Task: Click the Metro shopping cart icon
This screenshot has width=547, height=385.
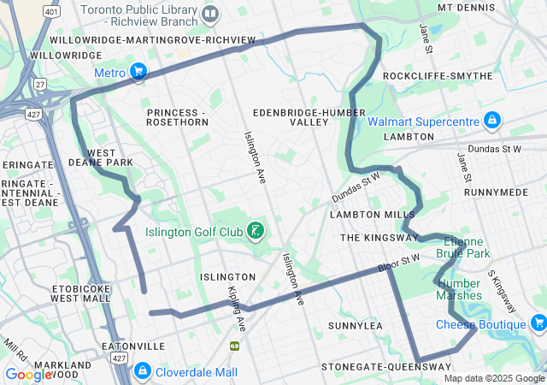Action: tap(138, 72)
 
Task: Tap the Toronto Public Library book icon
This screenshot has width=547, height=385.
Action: tap(210, 13)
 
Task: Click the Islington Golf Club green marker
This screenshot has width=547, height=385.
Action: tap(255, 229)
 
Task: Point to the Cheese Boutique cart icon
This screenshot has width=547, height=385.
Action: tap(538, 323)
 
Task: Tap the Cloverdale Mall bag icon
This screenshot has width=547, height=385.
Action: tap(142, 371)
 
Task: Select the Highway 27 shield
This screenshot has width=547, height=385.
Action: tap(40, 83)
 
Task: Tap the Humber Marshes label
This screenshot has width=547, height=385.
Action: tap(459, 289)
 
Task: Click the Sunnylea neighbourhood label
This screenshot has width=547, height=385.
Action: tap(355, 326)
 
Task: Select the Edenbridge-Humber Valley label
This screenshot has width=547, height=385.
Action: tap(291, 117)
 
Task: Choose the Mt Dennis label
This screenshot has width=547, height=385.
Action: tap(468, 7)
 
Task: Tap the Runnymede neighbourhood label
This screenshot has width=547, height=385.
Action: tap(496, 192)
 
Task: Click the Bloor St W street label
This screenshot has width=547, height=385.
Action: tap(399, 263)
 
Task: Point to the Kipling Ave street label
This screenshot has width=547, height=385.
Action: tap(236, 310)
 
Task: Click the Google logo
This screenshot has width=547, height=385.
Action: tap(29, 374)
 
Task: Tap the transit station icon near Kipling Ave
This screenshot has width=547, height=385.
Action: tap(234, 346)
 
